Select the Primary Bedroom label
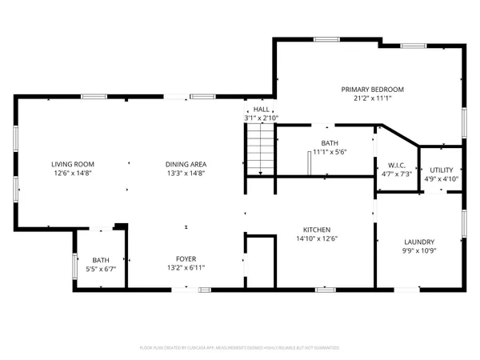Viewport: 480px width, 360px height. pyautogui.click(x=372, y=89)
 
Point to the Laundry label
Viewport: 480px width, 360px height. pyautogui.click(x=419, y=242)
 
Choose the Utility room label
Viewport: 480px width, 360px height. pyautogui.click(x=441, y=170)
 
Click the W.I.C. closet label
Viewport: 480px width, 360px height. pyautogui.click(x=397, y=165)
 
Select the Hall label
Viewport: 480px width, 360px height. pyautogui.click(x=262, y=109)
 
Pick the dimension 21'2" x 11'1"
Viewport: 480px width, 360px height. pyautogui.click(x=372, y=98)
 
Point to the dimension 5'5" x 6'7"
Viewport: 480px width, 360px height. pyautogui.click(x=101, y=269)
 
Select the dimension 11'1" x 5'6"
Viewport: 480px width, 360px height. pyautogui.click(x=329, y=152)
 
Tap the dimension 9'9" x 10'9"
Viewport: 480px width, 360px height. pyautogui.click(x=419, y=250)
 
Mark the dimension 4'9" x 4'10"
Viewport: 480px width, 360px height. pyautogui.click(x=441, y=178)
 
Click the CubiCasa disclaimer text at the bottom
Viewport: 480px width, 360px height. pyautogui.click(x=240, y=348)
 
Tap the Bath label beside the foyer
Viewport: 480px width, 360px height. pyautogui.click(x=101, y=260)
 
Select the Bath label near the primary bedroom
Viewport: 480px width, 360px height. pyautogui.click(x=329, y=143)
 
